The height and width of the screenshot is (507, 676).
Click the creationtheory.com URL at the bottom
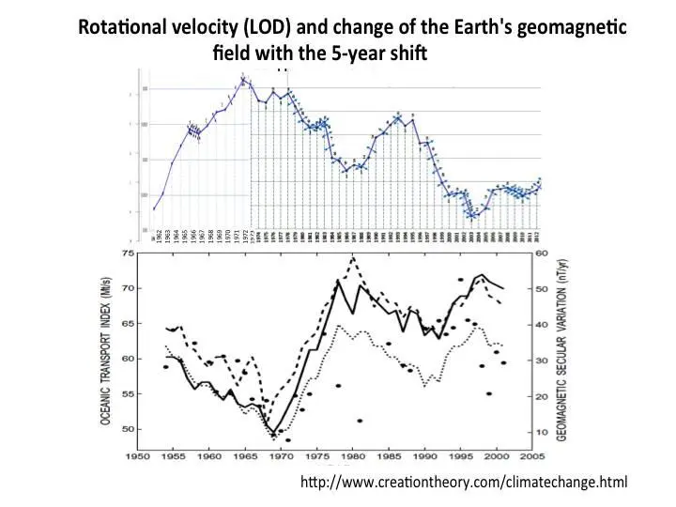pyautogui.click(x=464, y=483)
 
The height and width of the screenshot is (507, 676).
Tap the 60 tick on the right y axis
pyautogui.click(x=543, y=253)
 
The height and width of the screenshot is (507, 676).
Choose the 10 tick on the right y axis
pyautogui.click(x=543, y=431)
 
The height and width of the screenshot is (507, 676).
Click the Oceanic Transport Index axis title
pyautogui.click(x=105, y=342)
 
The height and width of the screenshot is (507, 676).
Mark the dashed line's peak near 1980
pyautogui.click(x=353, y=256)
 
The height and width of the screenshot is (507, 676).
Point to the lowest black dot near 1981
pyautogui.click(x=360, y=420)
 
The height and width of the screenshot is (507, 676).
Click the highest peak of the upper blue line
pyautogui.click(x=242, y=78)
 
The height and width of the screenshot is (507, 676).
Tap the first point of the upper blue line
pyautogui.click(x=154, y=208)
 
